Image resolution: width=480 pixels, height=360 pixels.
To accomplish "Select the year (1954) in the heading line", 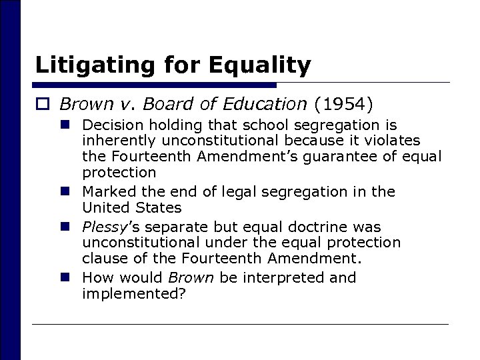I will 344,104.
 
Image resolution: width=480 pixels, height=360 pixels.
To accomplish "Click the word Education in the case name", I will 267,104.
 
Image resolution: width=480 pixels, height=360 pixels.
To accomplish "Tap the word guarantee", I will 340,158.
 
